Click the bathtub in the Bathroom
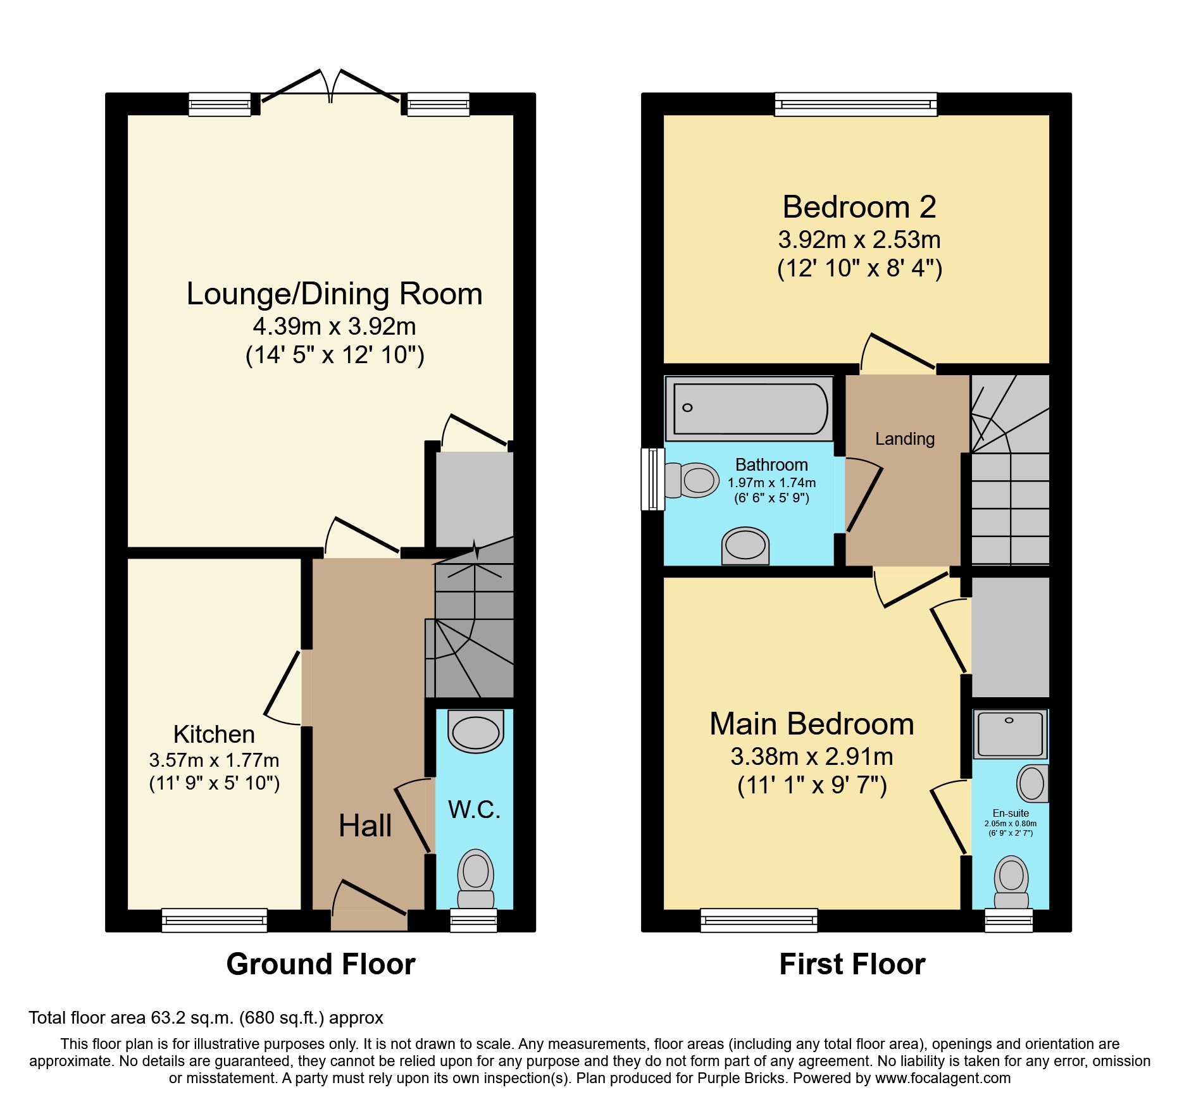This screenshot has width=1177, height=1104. (750, 408)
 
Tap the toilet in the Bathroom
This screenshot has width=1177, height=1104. (692, 481)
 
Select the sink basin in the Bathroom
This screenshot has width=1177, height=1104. (745, 546)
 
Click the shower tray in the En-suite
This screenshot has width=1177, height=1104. (1010, 734)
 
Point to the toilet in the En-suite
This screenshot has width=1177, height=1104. (1011, 883)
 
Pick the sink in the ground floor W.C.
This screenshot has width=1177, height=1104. (476, 731)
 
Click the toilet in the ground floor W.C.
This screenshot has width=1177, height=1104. (476, 879)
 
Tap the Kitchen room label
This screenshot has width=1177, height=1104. (214, 735)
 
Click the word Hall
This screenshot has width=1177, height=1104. (365, 826)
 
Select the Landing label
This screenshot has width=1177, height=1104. (905, 438)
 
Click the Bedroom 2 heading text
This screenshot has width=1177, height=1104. (859, 207)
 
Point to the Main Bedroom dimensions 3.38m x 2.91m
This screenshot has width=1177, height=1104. (812, 757)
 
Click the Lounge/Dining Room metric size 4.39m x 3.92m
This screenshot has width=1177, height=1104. (335, 326)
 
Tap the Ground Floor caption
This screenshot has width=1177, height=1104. (321, 964)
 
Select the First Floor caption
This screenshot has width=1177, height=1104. (852, 964)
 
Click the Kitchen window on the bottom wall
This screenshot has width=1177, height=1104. (215, 921)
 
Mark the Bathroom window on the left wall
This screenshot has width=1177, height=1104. (653, 479)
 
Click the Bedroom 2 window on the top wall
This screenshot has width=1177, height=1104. (856, 104)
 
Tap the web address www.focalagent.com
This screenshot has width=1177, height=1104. (943, 1078)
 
